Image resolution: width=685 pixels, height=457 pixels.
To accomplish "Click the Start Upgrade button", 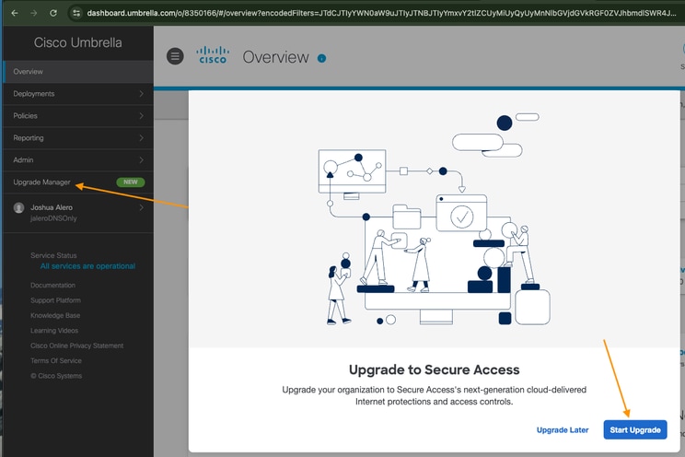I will (x=635, y=430).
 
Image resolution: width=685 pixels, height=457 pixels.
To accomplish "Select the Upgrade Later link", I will (x=562, y=430).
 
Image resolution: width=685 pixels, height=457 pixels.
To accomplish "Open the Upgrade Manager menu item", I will (x=42, y=182).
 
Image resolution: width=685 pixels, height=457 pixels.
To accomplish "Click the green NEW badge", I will (x=131, y=182).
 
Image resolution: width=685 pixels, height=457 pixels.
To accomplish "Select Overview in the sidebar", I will (x=29, y=72).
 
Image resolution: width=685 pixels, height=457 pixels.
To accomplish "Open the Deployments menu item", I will (x=34, y=94).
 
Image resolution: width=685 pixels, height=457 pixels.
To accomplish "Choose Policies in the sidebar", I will (x=25, y=116).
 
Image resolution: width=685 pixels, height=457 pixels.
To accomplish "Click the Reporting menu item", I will (x=29, y=138).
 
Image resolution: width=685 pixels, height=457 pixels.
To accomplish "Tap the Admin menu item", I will (x=23, y=160).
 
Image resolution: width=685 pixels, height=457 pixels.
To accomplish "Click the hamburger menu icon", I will (x=175, y=57).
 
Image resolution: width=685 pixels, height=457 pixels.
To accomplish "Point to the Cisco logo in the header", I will (x=213, y=56).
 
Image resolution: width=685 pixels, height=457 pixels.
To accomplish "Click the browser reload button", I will (x=53, y=13).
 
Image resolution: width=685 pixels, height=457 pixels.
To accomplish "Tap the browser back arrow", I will (x=13, y=13).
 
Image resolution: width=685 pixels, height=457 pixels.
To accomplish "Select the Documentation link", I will (x=52, y=286).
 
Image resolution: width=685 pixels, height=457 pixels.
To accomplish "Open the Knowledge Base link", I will (x=55, y=315).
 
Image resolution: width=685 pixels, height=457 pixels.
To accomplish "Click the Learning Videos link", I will (x=54, y=331).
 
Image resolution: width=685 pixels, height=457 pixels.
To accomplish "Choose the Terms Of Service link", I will (x=55, y=360).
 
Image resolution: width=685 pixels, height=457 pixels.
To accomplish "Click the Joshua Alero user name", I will (x=52, y=208).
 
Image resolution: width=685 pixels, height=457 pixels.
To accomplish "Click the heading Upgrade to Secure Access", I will (x=434, y=369).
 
